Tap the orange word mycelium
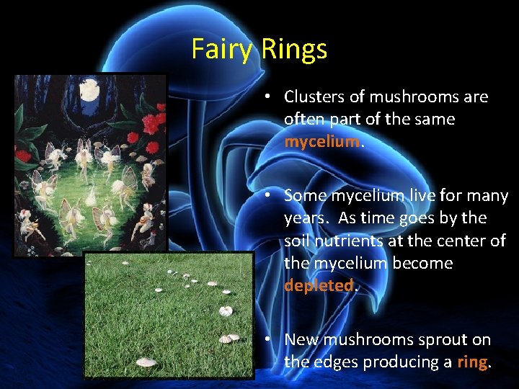click(321, 141)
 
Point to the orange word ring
click(473, 362)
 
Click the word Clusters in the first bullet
click(314, 97)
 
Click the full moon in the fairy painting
click(89, 91)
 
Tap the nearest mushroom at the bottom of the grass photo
click(146, 362)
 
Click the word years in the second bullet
click(306, 218)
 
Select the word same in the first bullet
click(434, 119)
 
